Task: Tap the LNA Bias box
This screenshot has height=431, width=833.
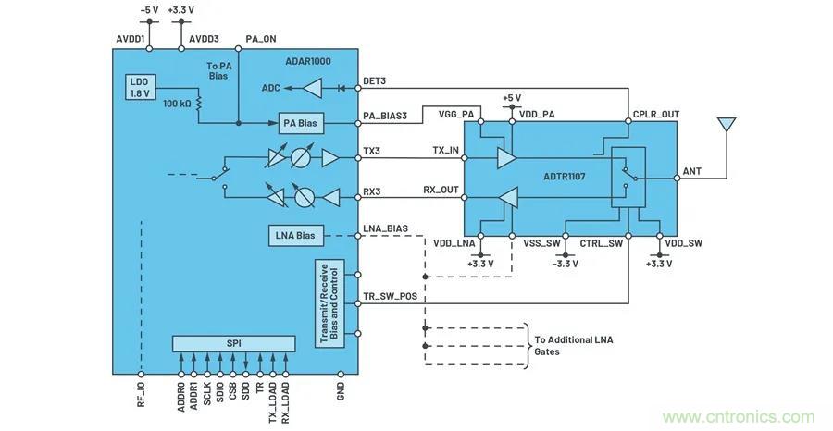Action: tap(295, 236)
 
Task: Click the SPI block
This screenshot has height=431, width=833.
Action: tap(233, 343)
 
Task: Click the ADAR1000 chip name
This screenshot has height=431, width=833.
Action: tap(309, 61)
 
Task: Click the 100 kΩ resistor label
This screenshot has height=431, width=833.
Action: tap(176, 104)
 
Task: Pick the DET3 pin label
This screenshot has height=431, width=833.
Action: tap(375, 80)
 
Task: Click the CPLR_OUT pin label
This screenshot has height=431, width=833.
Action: tap(655, 115)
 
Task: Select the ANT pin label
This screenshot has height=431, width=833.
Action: tap(691, 170)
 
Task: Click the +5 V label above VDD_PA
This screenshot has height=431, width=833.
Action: tap(511, 97)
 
